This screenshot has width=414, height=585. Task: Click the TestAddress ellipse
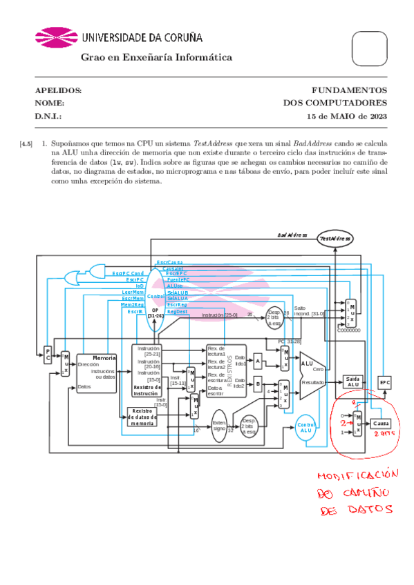335,238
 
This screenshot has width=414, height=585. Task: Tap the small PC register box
48,355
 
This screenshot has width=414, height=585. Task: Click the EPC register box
385,382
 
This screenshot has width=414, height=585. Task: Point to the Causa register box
382,423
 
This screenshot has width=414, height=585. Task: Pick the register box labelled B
257,384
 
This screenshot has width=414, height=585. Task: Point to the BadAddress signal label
292,235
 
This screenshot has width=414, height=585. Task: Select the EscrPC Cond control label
128,273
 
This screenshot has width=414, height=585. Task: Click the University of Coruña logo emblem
57,39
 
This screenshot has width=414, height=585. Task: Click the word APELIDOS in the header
58,90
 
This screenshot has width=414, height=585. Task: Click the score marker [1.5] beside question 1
26,144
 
